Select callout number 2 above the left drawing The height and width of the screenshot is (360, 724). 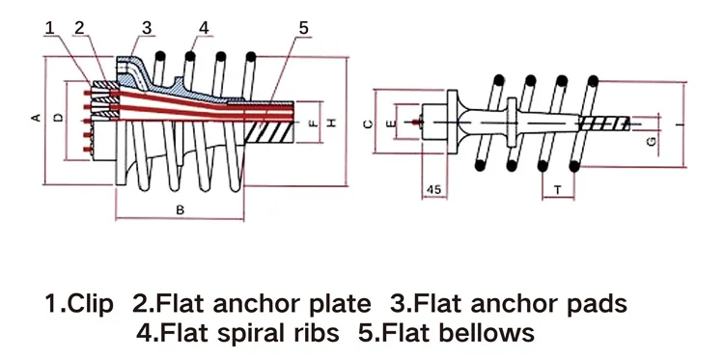(79, 26)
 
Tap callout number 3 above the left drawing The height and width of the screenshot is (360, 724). (147, 26)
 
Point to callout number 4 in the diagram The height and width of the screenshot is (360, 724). (204, 26)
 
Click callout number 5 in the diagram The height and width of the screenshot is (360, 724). (302, 27)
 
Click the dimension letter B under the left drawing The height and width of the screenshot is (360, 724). (179, 208)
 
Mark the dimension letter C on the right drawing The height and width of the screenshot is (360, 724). (368, 124)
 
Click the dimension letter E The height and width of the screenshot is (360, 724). (390, 124)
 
